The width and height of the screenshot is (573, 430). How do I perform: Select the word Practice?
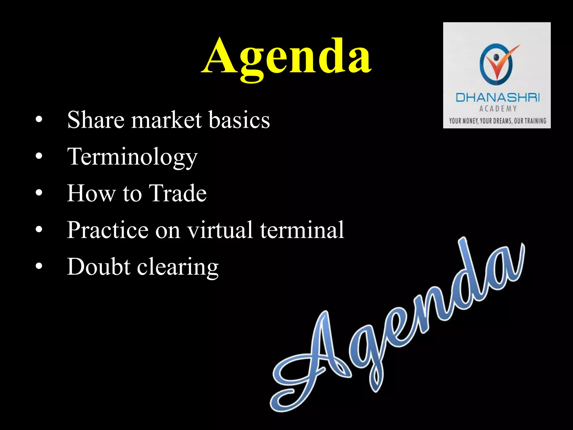(107, 230)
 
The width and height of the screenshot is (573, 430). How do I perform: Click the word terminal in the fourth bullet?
(302, 230)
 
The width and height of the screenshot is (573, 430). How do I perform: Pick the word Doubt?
(98, 267)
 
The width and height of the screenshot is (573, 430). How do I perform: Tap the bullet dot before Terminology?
(39, 156)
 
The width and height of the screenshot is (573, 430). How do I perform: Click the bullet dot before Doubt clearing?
(39, 266)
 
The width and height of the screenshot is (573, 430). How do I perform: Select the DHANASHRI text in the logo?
(497, 98)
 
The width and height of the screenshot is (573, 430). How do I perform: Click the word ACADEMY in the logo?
(498, 109)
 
